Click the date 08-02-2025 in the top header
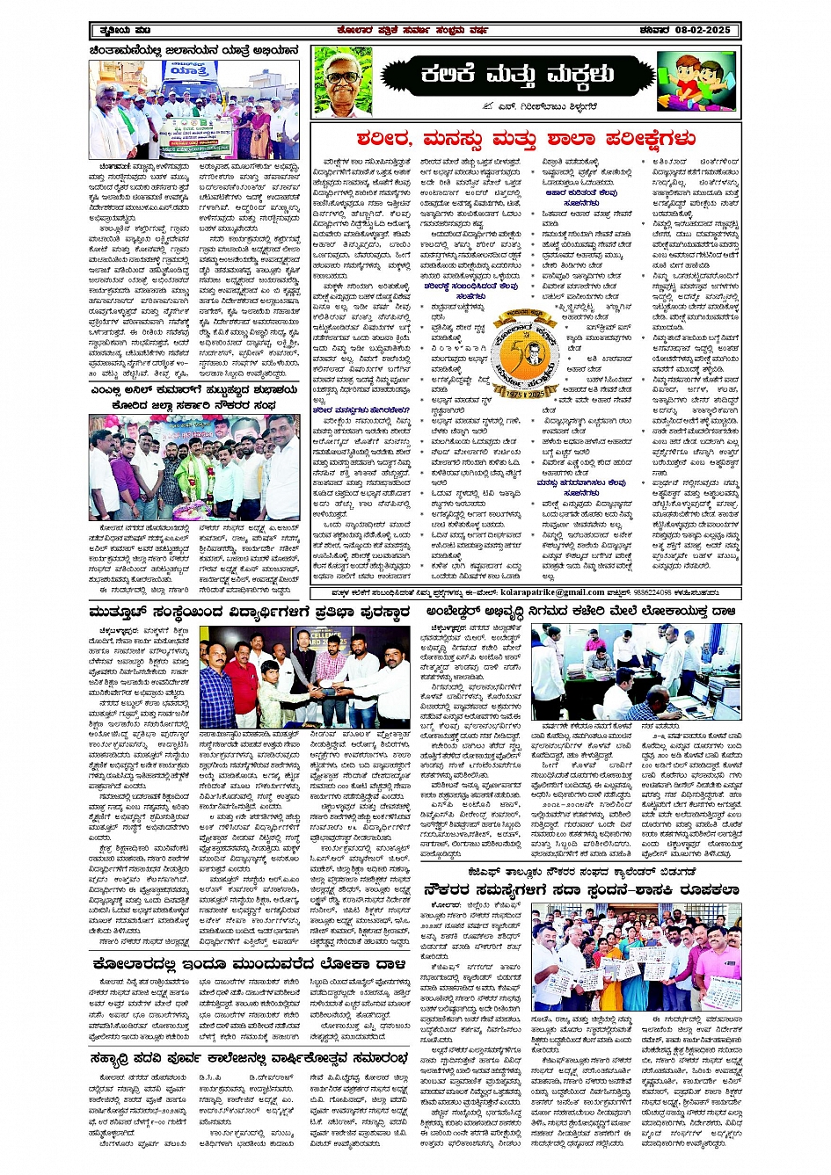(696, 31)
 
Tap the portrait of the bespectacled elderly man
(342, 82)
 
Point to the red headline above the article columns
(526, 139)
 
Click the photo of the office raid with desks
(635, 673)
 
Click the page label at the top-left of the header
(115, 31)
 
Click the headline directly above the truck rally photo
(193, 51)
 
